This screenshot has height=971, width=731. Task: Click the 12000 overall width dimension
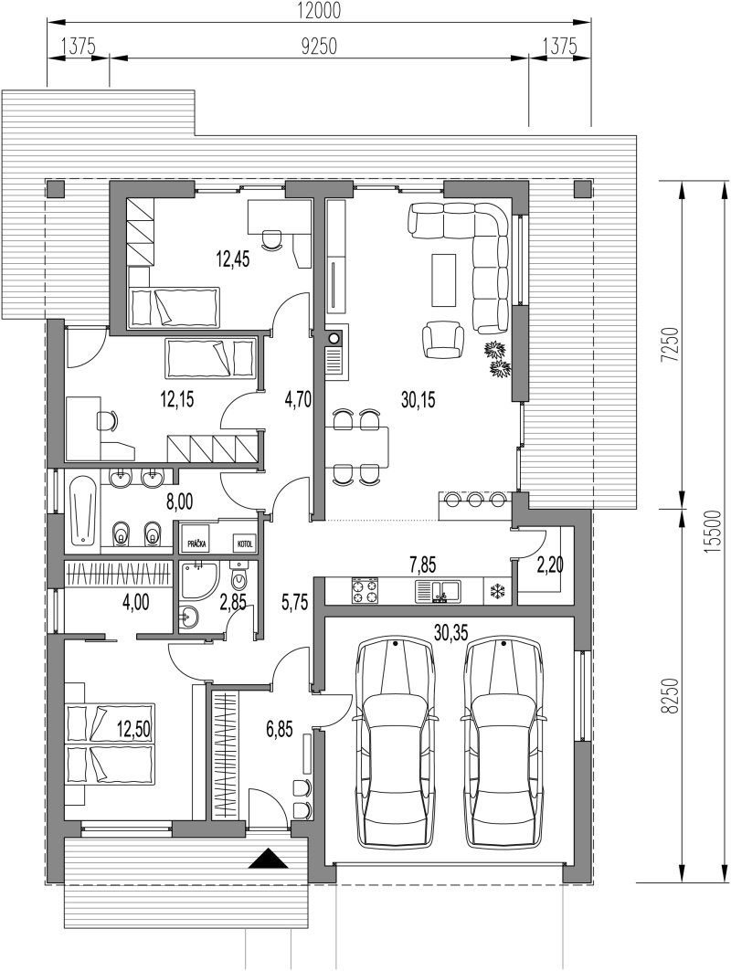(x=319, y=11)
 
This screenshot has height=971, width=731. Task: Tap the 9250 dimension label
(x=318, y=47)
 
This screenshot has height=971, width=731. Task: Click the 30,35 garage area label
(x=451, y=632)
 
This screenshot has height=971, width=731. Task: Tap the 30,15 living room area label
(x=418, y=400)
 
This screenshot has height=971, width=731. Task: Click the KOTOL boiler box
(x=244, y=544)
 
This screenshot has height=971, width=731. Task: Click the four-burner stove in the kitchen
(x=365, y=590)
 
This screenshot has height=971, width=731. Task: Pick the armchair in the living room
(x=442, y=338)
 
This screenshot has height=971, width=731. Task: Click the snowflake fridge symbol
(x=497, y=591)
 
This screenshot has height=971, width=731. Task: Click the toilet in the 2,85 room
(x=238, y=576)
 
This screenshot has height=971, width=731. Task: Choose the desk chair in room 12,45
(x=270, y=239)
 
